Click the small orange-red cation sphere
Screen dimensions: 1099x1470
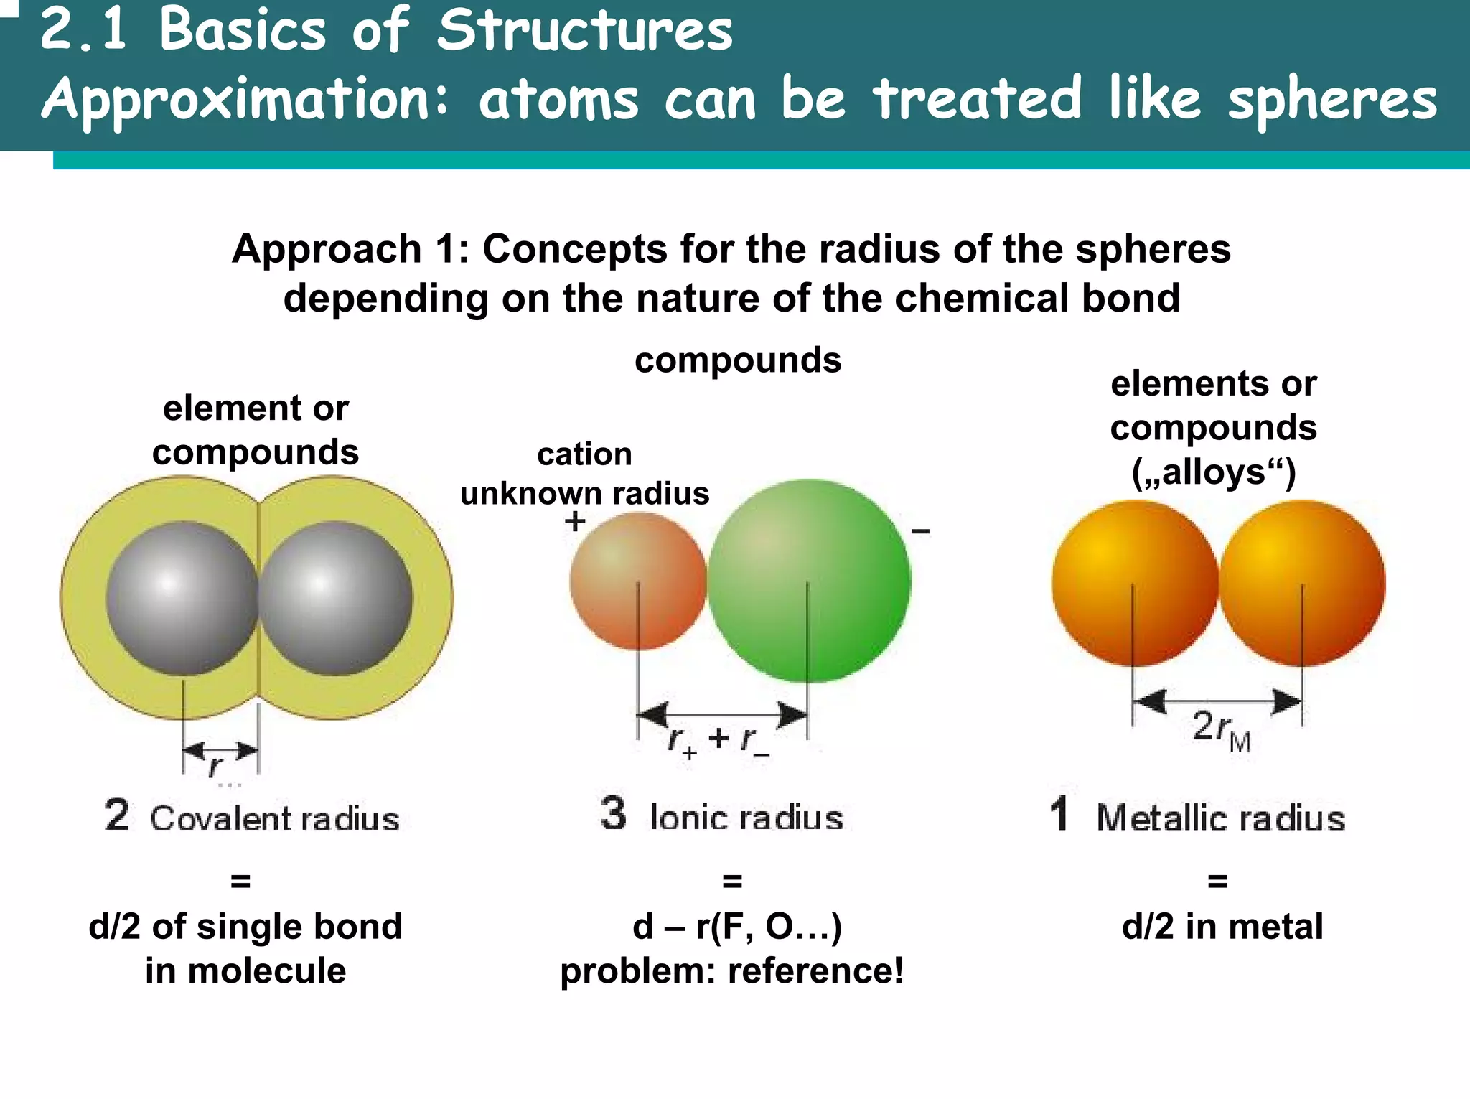coord(637,581)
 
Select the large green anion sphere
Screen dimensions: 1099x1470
coord(809,580)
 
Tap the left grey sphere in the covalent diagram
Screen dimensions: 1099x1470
coord(182,598)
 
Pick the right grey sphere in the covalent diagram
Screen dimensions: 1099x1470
coord(336,598)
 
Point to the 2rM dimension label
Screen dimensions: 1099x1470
coord(1220,728)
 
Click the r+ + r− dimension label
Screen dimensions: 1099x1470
coord(718,740)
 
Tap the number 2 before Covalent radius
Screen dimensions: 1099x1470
coord(117,815)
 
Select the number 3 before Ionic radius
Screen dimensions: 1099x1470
coord(613,813)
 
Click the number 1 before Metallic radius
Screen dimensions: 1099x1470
coord(1059,814)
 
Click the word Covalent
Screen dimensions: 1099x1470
coord(212,818)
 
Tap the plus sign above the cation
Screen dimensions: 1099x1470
coord(574,521)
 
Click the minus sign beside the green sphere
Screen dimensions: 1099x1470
coord(920,532)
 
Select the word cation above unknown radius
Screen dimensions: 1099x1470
coord(584,454)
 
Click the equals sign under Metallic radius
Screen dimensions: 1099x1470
coord(1217,881)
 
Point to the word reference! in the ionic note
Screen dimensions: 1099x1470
coord(815,971)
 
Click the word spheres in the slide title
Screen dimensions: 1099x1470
coord(1332,100)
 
